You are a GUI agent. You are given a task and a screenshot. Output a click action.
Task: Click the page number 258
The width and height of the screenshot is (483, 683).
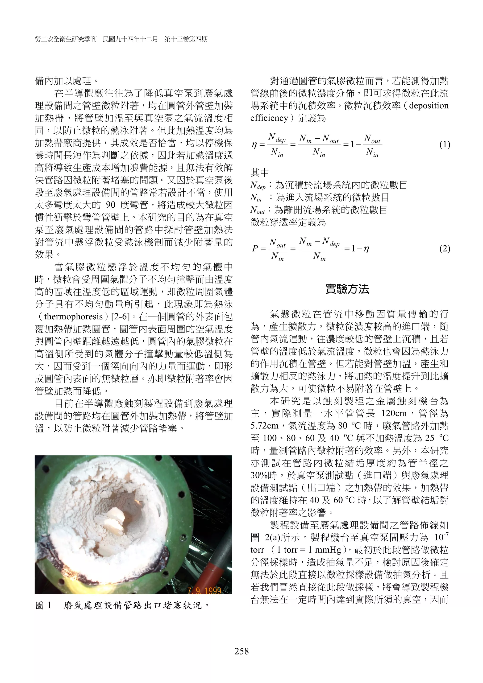(x=241, y=651)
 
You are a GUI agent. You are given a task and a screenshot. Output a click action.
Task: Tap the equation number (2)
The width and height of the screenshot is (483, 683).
(x=445, y=248)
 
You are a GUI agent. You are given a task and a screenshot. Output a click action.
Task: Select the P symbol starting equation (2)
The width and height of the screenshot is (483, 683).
(x=255, y=249)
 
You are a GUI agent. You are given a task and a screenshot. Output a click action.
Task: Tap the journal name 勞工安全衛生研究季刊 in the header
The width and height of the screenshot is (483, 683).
(x=66, y=39)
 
